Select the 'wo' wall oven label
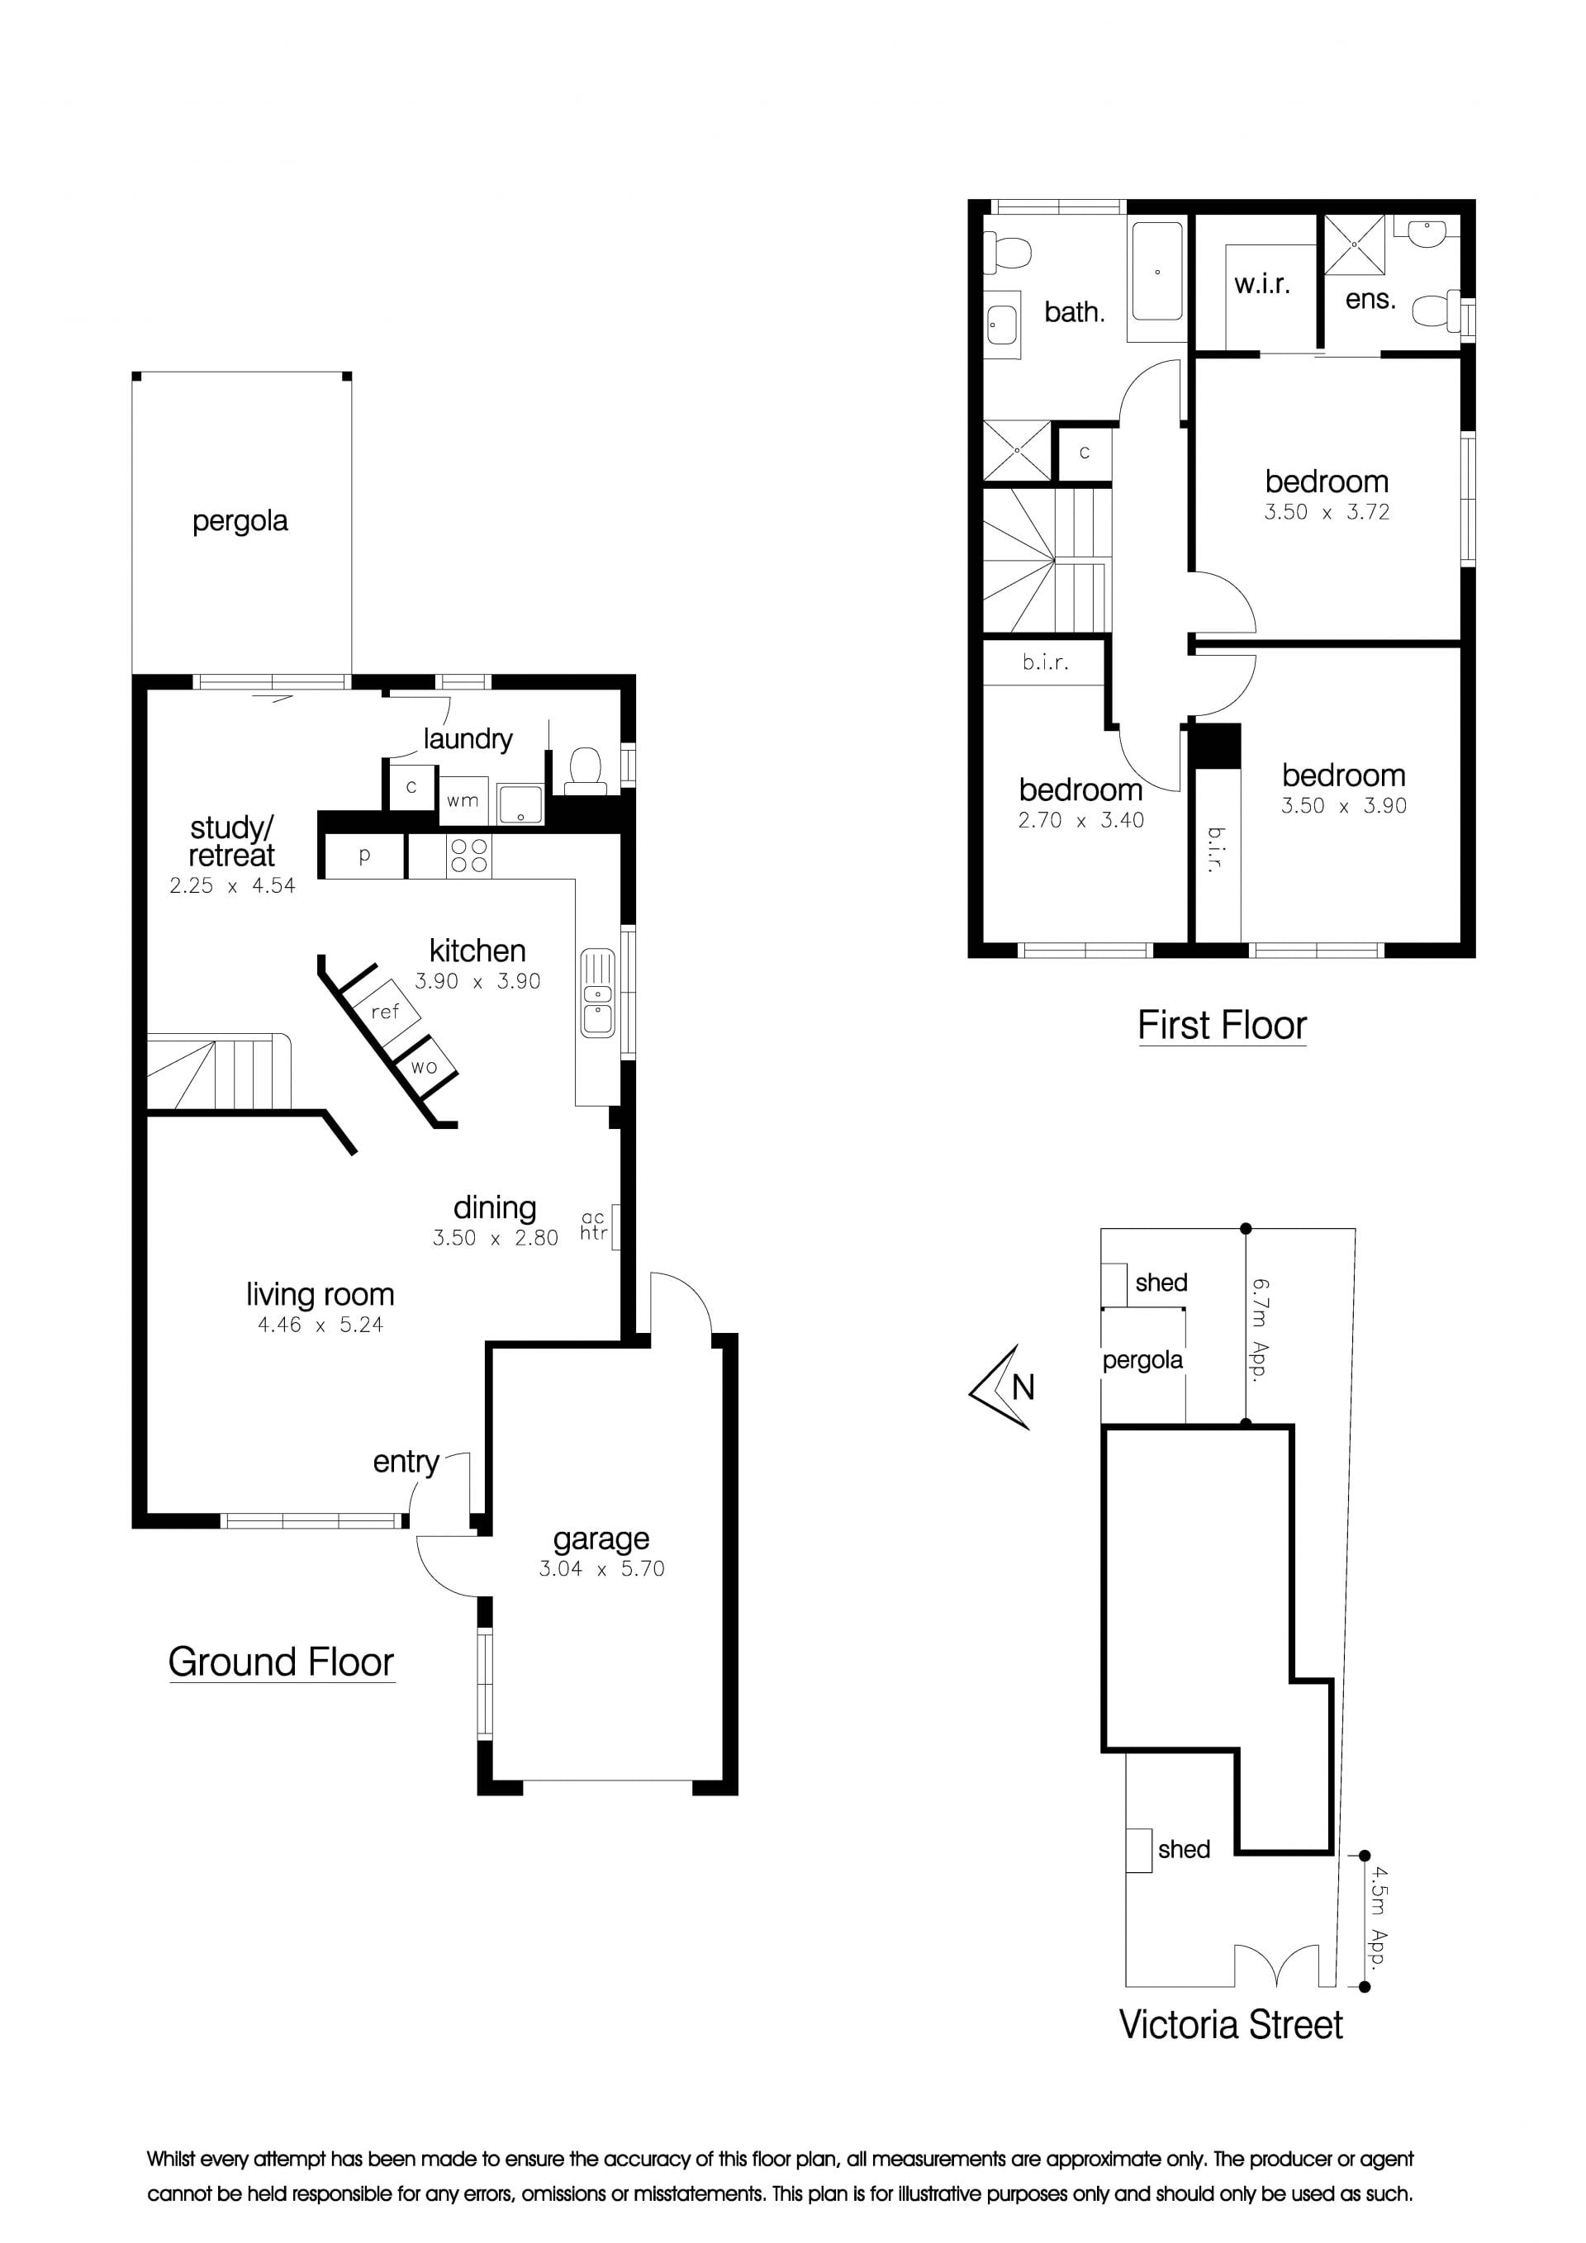(x=424, y=1067)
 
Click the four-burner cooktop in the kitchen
(x=469, y=856)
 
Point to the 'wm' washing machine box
(x=463, y=801)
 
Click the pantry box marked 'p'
(x=363, y=856)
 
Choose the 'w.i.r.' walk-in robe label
(x=1261, y=284)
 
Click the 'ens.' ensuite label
(x=1370, y=299)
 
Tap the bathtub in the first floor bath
(x=1157, y=269)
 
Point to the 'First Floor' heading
(x=1222, y=1025)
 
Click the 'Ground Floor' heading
(x=282, y=1662)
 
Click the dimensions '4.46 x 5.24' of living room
(x=321, y=1325)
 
